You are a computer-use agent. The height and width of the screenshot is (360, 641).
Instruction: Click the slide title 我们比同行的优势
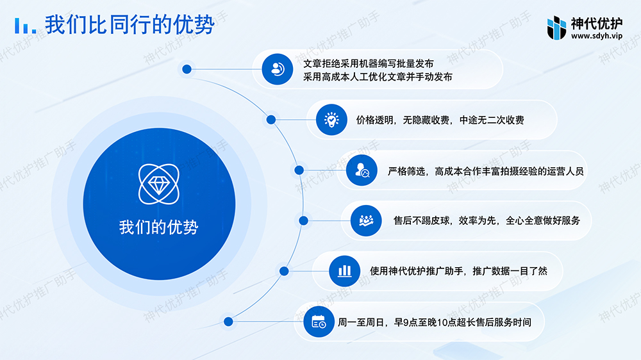point(129,24)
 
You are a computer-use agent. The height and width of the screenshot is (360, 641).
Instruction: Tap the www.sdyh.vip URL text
point(597,36)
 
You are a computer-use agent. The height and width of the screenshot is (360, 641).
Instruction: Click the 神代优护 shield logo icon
point(556,28)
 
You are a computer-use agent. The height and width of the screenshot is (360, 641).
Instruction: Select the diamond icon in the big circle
point(158,184)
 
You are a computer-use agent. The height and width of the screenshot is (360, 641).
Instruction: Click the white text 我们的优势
point(158,227)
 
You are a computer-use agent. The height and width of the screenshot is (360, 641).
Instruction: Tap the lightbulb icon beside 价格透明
point(331,120)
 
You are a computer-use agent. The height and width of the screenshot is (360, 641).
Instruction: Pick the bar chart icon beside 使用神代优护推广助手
point(344,271)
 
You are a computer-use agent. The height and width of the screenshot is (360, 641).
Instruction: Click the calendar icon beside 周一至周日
point(319,322)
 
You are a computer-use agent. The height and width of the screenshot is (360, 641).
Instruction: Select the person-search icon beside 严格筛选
point(362,170)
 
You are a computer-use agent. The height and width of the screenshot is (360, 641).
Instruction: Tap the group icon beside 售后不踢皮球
point(366,220)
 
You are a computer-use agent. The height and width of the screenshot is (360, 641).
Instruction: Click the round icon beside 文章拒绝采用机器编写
point(277,69)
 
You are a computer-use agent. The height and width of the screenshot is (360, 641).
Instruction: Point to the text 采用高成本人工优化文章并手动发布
point(378,77)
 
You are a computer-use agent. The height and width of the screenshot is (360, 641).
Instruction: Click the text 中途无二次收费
point(492,120)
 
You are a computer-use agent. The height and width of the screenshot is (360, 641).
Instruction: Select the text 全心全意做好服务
point(543,220)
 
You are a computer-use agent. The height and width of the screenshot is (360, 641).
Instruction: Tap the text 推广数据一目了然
point(510,271)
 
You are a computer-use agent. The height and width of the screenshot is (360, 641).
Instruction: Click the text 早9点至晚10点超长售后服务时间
point(462,322)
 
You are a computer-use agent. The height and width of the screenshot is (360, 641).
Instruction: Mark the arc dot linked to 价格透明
point(271,120)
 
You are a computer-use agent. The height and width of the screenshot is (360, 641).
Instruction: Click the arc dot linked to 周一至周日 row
point(229,322)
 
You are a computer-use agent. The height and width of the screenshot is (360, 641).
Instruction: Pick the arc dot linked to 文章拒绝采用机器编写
point(187,69)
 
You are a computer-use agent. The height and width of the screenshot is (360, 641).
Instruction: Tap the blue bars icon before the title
point(26,26)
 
